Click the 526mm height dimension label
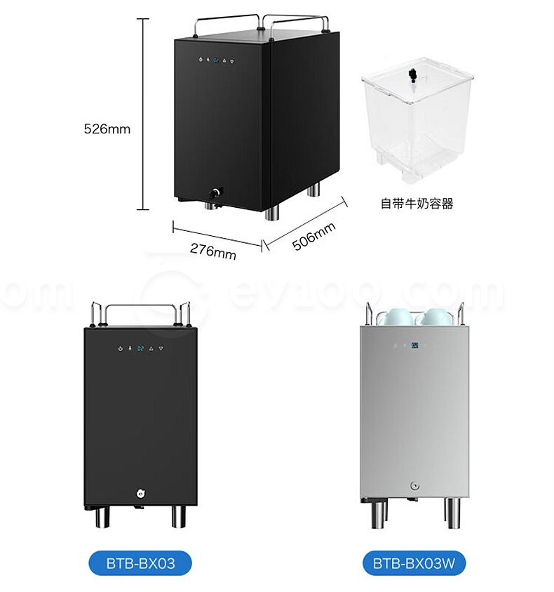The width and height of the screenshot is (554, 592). tap(107, 129)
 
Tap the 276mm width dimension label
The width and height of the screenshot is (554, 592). tap(213, 251)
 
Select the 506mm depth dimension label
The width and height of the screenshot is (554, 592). tap(313, 237)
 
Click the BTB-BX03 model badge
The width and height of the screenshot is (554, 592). tap(140, 563)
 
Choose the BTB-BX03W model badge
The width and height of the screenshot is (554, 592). tap(414, 563)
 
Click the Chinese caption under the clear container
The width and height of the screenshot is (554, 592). tap(417, 204)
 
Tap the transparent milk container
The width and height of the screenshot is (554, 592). tap(417, 120)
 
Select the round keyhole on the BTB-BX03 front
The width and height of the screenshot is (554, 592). tap(142, 493)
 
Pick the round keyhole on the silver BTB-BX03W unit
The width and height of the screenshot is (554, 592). tap(415, 486)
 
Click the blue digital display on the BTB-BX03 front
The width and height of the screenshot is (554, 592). tap(140, 348)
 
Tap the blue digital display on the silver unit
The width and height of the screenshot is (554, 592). tap(415, 345)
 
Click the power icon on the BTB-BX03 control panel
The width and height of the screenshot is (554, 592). tap(121, 348)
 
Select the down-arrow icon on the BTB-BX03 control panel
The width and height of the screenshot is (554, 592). tap(161, 348)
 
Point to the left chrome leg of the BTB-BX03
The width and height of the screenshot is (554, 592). tap(102, 516)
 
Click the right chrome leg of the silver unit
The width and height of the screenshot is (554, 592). tap(452, 513)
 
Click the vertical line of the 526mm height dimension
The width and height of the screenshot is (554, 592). tap(143, 114)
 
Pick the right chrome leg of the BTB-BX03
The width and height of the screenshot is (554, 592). tap(179, 516)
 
